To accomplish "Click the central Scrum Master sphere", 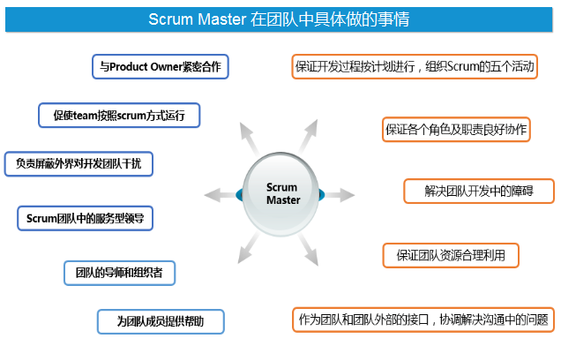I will tap(283, 192).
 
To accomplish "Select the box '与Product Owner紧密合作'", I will tap(161, 66).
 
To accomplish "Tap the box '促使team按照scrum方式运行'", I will tap(119, 115).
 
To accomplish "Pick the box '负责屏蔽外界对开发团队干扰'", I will tap(79, 163).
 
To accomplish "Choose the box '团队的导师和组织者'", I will tap(119, 273).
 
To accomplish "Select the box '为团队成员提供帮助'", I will tap(161, 321).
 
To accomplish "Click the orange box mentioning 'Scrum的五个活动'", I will tap(413, 66).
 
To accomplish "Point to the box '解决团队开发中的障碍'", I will tap(479, 190).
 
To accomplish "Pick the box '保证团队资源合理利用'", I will tap(451, 255).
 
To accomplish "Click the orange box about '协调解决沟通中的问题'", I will tap(423, 320).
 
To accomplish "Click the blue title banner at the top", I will tap(280, 19).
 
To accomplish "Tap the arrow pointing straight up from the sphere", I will tap(283, 113).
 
